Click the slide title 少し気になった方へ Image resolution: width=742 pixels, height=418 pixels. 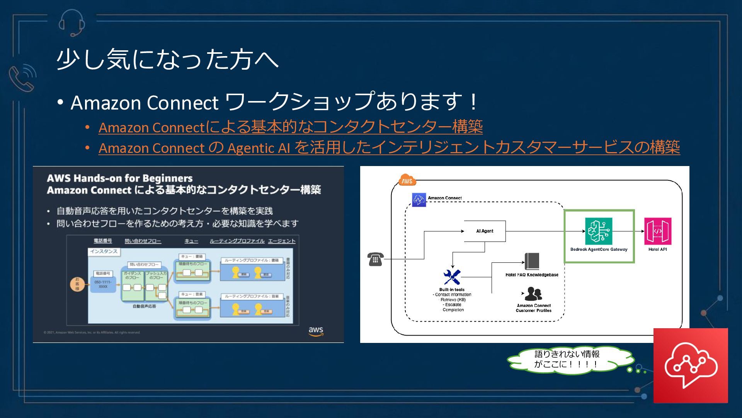tap(167, 60)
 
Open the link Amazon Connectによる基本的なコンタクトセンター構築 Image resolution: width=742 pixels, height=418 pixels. tap(290, 127)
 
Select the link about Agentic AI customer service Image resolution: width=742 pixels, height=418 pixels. tap(389, 147)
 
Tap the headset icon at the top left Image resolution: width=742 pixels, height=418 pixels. tap(72, 22)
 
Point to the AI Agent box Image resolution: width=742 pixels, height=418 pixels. tap(485, 231)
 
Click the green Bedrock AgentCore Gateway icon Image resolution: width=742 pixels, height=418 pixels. tap(598, 231)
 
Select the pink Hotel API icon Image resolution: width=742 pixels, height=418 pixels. tap(657, 231)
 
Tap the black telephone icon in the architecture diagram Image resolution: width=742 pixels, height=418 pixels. tap(375, 259)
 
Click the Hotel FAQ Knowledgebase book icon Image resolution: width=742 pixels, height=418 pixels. tap(532, 261)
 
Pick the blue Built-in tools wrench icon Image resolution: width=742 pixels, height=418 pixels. tap(452, 277)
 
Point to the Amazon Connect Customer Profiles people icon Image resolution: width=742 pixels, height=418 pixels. tap(533, 294)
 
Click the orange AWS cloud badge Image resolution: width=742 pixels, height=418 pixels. tap(407, 180)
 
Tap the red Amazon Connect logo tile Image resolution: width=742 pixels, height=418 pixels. tap(691, 365)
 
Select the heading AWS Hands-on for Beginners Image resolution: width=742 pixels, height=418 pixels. tap(120, 178)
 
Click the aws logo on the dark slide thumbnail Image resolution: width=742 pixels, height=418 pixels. tap(316, 331)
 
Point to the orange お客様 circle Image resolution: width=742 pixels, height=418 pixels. tap(77, 284)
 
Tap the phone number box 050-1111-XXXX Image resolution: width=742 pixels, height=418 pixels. tap(103, 284)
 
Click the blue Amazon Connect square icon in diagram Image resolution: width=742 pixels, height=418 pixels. tap(419, 200)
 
